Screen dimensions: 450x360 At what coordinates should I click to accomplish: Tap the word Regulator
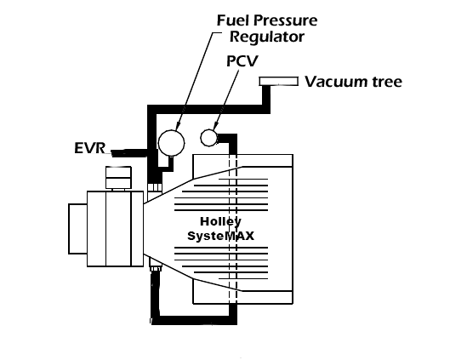pyautogui.click(x=267, y=37)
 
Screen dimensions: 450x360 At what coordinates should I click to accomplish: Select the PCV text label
pyautogui.click(x=242, y=61)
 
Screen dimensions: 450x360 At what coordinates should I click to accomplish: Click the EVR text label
pyautogui.click(x=89, y=148)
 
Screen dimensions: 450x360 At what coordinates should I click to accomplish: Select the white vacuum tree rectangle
pyautogui.click(x=279, y=81)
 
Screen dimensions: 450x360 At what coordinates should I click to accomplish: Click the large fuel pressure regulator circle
pyautogui.click(x=171, y=143)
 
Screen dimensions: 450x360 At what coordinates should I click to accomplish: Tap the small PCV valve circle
pyautogui.click(x=208, y=138)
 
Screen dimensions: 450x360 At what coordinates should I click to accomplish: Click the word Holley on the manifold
pyautogui.click(x=220, y=221)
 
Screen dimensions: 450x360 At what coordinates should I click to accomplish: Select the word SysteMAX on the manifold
pyautogui.click(x=220, y=236)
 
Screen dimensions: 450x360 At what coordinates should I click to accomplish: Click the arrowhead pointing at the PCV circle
pyautogui.click(x=216, y=125)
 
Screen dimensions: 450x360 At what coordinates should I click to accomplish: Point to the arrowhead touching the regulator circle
pyautogui.click(x=178, y=126)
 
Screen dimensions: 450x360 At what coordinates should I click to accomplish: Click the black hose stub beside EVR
pyautogui.click(x=129, y=153)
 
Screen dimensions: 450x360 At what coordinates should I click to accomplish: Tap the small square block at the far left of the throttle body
pyautogui.click(x=77, y=229)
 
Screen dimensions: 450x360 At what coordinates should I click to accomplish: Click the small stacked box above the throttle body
pyautogui.click(x=118, y=177)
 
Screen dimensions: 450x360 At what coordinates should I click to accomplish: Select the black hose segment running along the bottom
pyautogui.click(x=194, y=320)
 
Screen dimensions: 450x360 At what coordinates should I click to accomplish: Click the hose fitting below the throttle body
pyautogui.click(x=156, y=268)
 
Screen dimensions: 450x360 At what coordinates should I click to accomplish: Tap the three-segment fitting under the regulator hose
pyautogui.click(x=155, y=187)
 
